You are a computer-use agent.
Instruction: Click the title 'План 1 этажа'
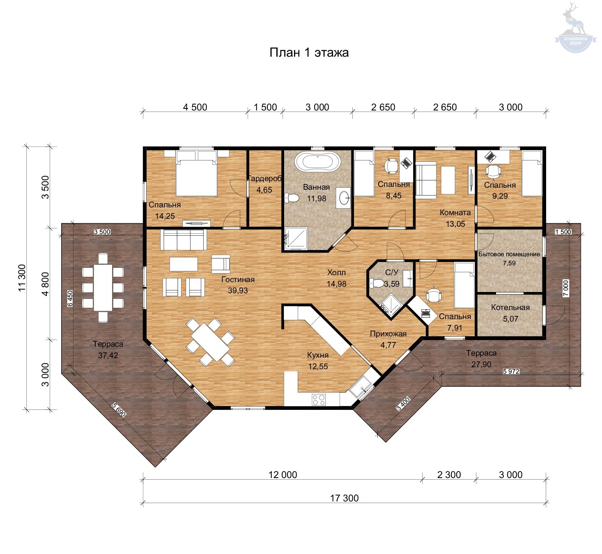(x=309, y=53)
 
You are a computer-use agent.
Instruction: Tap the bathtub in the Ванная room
(x=317, y=162)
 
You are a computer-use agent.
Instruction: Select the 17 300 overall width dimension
(x=344, y=498)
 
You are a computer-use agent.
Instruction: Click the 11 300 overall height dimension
(x=22, y=278)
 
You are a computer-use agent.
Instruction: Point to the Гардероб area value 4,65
(x=264, y=190)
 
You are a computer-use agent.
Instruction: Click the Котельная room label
(x=510, y=308)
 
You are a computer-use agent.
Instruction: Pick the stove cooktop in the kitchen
(x=318, y=399)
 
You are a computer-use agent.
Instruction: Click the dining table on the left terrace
(x=103, y=287)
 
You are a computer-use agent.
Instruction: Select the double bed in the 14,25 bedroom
(x=196, y=174)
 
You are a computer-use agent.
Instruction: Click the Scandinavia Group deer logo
(x=576, y=27)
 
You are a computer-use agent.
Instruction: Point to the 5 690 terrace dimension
(x=119, y=410)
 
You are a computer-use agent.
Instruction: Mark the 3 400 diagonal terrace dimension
(x=403, y=404)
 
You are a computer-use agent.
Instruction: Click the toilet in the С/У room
(x=377, y=283)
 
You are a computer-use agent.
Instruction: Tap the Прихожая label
(x=388, y=333)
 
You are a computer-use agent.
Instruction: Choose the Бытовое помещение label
(x=509, y=254)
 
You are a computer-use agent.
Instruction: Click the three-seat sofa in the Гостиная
(x=184, y=239)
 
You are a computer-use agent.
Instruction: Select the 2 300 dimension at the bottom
(x=449, y=475)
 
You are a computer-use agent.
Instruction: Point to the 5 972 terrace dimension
(x=511, y=371)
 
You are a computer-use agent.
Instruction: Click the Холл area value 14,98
(x=336, y=284)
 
